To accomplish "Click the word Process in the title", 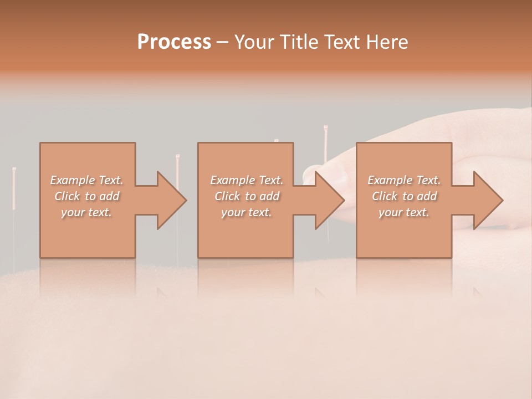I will (174, 42).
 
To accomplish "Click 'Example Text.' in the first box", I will (86, 180).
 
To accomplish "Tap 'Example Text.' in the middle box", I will (247, 180).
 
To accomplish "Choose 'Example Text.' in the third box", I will (404, 180).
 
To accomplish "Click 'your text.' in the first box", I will (86, 212).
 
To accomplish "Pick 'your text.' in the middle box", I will (247, 212).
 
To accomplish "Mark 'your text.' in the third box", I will (404, 212).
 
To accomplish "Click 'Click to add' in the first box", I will (86, 196).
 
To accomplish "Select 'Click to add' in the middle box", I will (247, 196).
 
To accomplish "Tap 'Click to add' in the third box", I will (404, 196).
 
